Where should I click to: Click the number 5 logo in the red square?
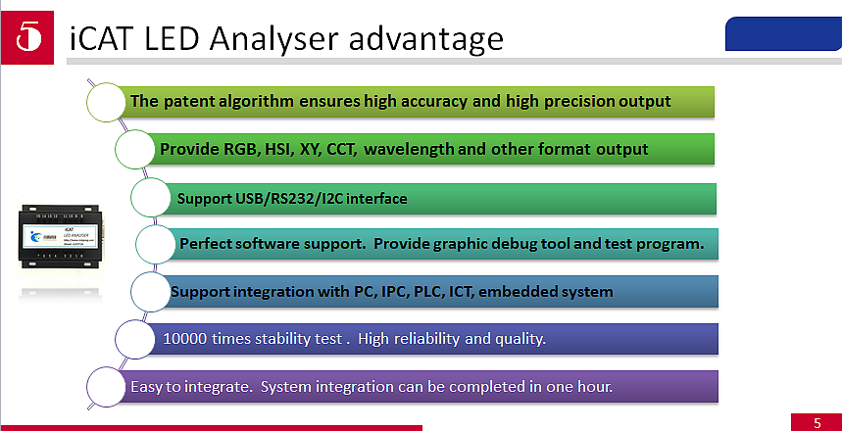pyautogui.click(x=29, y=35)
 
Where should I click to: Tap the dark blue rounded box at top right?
pyautogui.click(x=782, y=34)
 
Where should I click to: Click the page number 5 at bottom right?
pyautogui.click(x=817, y=423)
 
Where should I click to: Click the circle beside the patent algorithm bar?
pyautogui.click(x=107, y=102)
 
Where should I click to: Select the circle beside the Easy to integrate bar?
pyautogui.click(x=107, y=386)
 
